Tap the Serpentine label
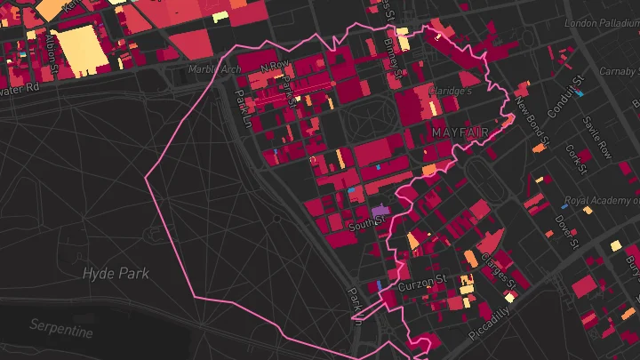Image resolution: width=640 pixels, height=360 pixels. click(61, 331)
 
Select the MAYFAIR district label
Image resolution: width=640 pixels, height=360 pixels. click(460, 132)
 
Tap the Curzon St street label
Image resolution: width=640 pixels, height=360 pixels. click(421, 283)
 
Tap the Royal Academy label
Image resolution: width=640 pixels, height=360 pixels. click(602, 201)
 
